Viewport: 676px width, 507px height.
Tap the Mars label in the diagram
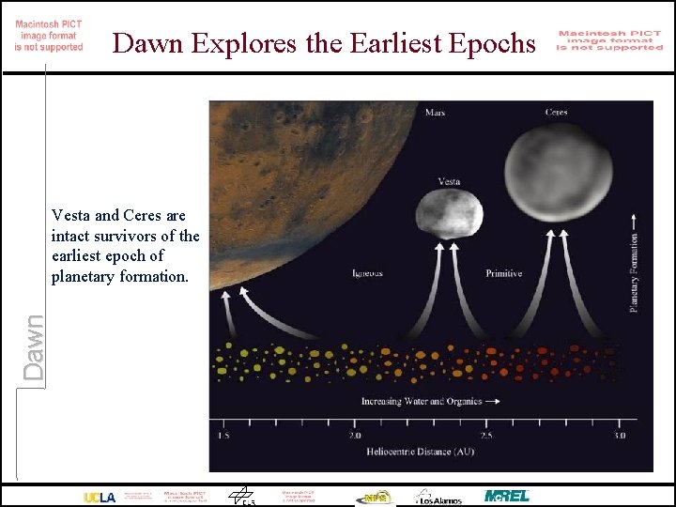pyautogui.click(x=435, y=113)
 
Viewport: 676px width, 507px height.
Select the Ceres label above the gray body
pyautogui.click(x=556, y=113)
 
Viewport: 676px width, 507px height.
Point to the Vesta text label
pyautogui.click(x=449, y=181)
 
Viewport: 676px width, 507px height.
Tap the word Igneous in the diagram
pyautogui.click(x=367, y=274)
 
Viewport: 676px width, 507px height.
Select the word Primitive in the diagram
pyautogui.click(x=503, y=274)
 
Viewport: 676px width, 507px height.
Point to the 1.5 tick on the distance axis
pyautogui.click(x=223, y=436)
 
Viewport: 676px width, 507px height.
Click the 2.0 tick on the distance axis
pyautogui.click(x=355, y=436)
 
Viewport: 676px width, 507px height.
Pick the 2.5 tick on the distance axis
pyautogui.click(x=486, y=436)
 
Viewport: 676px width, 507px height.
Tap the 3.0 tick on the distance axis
pyautogui.click(x=619, y=436)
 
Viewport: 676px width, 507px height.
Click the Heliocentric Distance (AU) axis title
pyautogui.click(x=420, y=452)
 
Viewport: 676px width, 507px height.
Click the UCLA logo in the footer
pyautogui.click(x=100, y=497)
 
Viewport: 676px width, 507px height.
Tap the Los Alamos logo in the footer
pyautogui.click(x=439, y=497)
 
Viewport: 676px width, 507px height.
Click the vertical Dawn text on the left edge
pyautogui.click(x=33, y=346)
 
